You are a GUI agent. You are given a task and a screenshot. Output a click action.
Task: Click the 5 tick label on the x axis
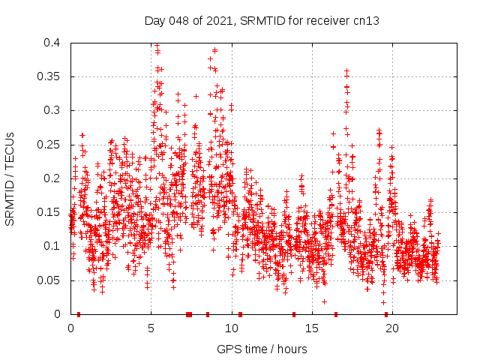151,328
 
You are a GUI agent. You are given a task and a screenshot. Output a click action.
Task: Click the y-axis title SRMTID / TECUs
10,178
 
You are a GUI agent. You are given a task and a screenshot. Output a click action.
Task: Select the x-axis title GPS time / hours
262,349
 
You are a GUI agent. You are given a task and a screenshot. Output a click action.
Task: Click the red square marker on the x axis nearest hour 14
294,314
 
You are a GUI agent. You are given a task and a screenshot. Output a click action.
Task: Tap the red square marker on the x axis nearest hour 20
386,314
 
